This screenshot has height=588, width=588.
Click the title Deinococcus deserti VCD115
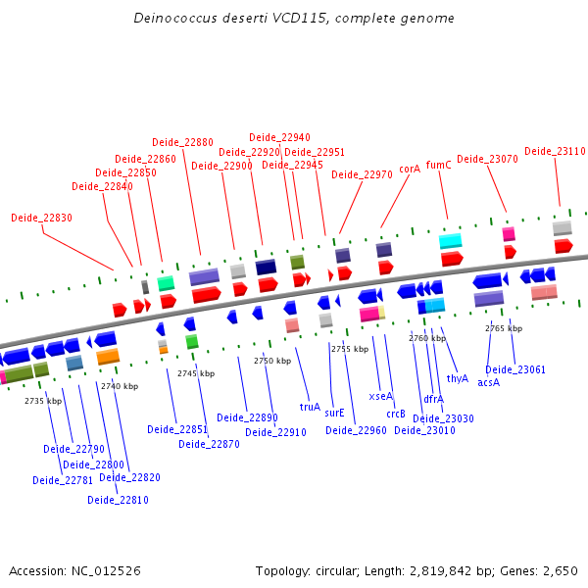294,19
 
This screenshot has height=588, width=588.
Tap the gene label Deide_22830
41,218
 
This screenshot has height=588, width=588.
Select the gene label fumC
439,165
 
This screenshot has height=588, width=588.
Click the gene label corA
410,169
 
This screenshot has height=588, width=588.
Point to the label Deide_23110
555,151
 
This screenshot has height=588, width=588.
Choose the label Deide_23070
487,159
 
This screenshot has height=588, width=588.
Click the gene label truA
310,406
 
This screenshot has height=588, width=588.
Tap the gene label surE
334,413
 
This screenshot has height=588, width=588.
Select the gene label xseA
380,396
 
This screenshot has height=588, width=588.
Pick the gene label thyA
458,378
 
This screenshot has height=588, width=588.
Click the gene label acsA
488,382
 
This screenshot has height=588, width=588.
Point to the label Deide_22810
118,500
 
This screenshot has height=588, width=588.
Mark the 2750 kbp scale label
272,361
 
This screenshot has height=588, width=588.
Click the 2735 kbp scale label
43,400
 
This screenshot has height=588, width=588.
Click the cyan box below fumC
450,241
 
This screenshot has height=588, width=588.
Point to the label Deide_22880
182,142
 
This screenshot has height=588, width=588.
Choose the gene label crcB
396,413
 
